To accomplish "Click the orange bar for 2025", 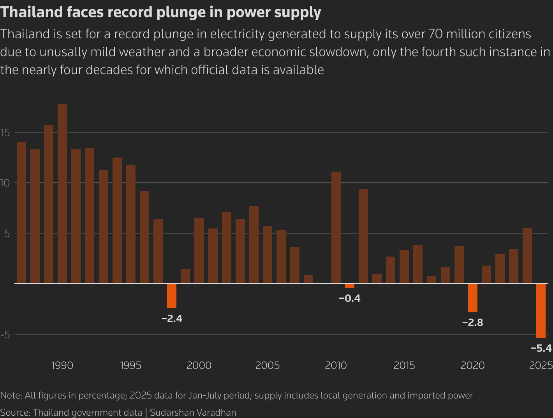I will [x=541, y=310].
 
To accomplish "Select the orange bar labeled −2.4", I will [x=172, y=296].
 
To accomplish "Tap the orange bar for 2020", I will [x=472, y=298].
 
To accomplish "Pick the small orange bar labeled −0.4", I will [x=350, y=286].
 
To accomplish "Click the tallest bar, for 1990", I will [x=62, y=193].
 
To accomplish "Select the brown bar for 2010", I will [x=336, y=227].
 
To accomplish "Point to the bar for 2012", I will [x=363, y=236].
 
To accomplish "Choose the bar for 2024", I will [x=527, y=256].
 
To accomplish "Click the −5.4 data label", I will [x=541, y=348].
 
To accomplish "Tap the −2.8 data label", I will [x=472, y=322].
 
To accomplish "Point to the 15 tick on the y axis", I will [x=5, y=133].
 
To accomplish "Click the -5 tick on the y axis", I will [x=5, y=335].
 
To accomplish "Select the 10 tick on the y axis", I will [x=5, y=183].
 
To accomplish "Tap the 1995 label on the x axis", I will [x=130, y=365].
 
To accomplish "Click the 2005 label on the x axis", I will [x=268, y=365].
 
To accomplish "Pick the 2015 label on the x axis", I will [x=404, y=365].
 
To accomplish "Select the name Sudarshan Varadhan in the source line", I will [x=193, y=413].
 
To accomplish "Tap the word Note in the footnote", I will [x=10, y=395].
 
